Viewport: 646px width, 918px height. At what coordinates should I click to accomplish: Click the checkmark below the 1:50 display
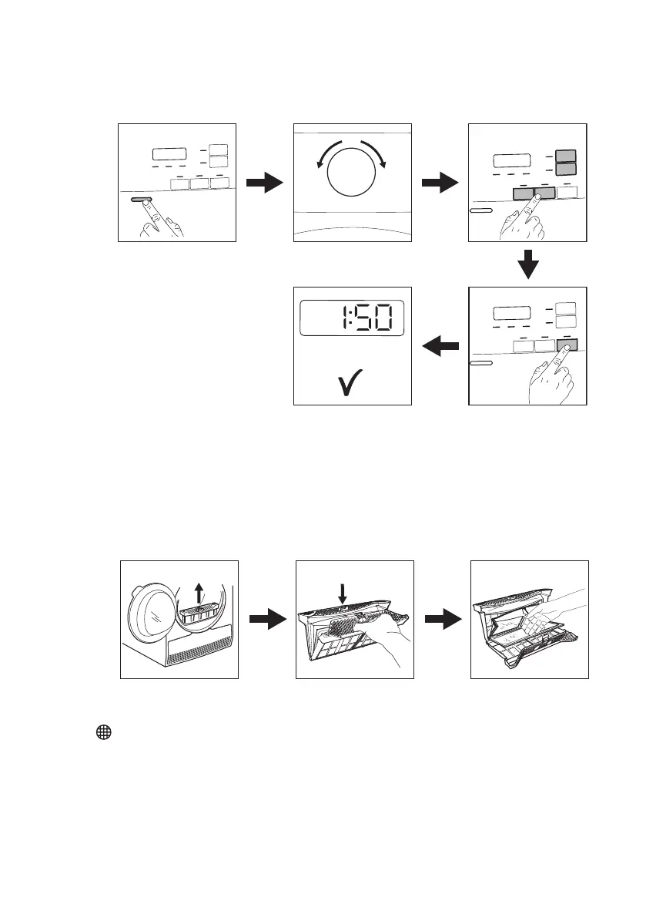(351, 382)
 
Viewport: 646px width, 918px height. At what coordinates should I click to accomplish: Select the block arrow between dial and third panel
(440, 183)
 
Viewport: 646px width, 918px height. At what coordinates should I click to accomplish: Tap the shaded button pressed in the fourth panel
(567, 347)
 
